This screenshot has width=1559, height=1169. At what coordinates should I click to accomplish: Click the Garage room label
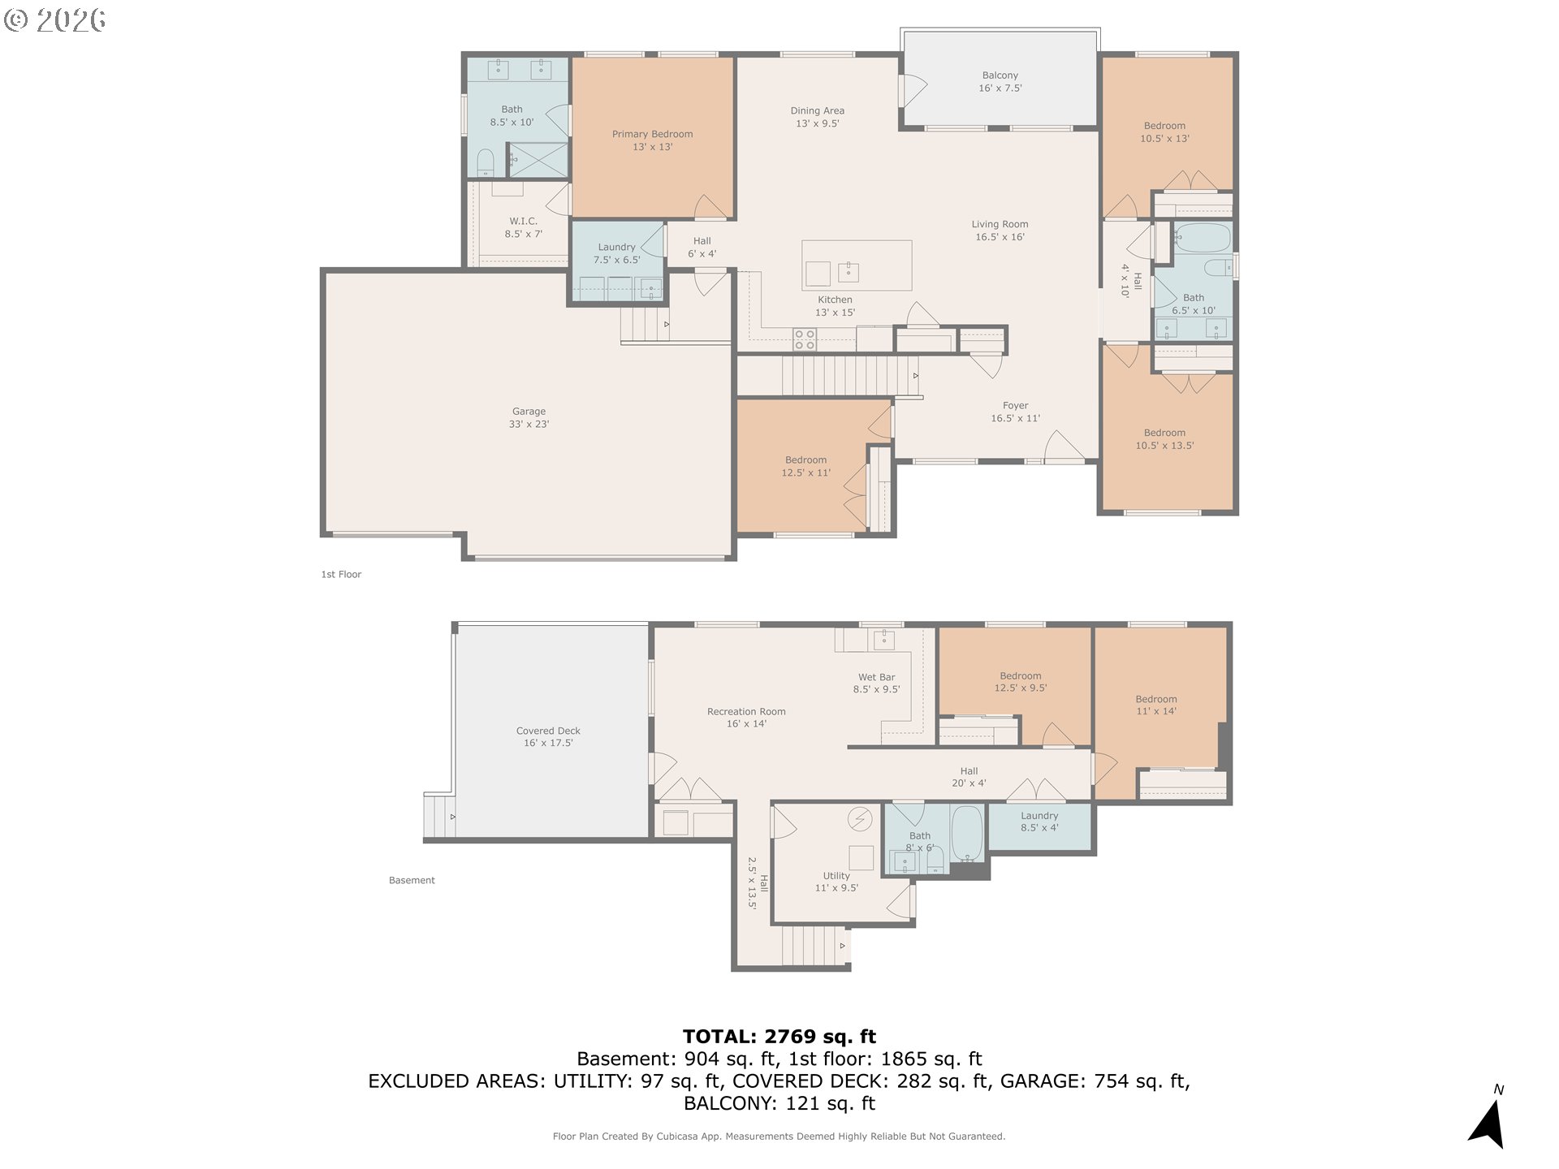click(x=529, y=417)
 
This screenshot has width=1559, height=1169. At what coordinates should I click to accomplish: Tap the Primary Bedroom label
click(x=652, y=140)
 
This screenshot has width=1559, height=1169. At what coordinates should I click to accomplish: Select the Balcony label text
click(x=1000, y=81)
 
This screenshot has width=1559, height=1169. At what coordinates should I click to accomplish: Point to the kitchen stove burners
click(x=804, y=339)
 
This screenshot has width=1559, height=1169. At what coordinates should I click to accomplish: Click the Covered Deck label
click(x=548, y=736)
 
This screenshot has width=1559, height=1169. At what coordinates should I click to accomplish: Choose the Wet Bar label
click(x=876, y=683)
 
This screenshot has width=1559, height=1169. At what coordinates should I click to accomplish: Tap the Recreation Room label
click(x=746, y=717)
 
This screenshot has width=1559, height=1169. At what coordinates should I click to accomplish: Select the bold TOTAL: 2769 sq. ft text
click(x=779, y=1036)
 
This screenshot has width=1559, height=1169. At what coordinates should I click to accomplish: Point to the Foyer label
click(x=1015, y=412)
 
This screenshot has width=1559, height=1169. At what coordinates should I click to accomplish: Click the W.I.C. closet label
click(x=523, y=227)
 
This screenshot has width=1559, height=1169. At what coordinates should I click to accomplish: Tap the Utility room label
click(x=836, y=882)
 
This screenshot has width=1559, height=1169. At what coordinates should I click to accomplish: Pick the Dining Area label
click(x=818, y=117)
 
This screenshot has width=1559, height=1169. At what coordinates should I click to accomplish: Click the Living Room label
click(x=1000, y=231)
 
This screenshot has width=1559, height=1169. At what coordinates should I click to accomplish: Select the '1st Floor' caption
click(x=341, y=574)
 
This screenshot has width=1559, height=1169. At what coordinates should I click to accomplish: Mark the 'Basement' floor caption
click(x=412, y=880)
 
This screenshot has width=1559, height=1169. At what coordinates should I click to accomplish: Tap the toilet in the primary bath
click(x=485, y=162)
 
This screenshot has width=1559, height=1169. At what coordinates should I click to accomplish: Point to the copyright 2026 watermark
click(x=55, y=19)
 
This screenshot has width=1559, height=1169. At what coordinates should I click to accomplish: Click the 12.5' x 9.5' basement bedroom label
click(x=1021, y=681)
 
